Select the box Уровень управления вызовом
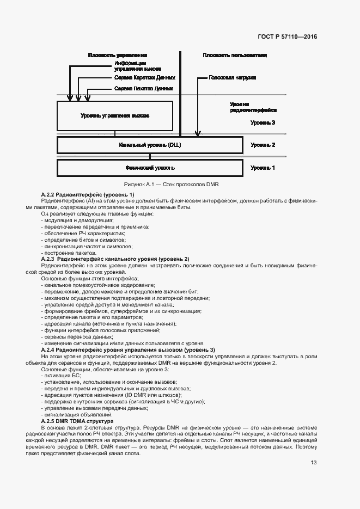114,116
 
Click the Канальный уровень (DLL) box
150,145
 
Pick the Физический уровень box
150,168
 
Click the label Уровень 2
263,145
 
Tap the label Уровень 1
263,168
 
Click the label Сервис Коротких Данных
144,78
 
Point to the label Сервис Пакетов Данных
144,88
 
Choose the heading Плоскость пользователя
235,56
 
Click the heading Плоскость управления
118,56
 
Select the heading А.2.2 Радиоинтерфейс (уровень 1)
88,195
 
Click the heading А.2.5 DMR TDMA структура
77,421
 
